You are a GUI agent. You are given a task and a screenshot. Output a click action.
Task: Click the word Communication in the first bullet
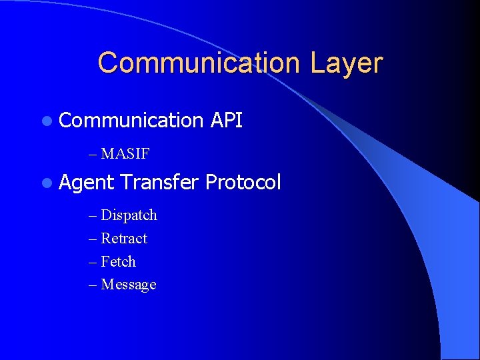131,121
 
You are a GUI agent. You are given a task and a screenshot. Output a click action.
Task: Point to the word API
226,121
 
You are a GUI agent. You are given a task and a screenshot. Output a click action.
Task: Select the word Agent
87,183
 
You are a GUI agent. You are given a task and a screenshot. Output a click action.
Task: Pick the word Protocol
243,182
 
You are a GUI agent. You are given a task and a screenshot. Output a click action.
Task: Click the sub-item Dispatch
129,215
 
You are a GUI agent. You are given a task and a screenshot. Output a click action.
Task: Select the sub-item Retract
124,239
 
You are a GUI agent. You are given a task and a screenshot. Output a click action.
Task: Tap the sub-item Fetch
118,261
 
